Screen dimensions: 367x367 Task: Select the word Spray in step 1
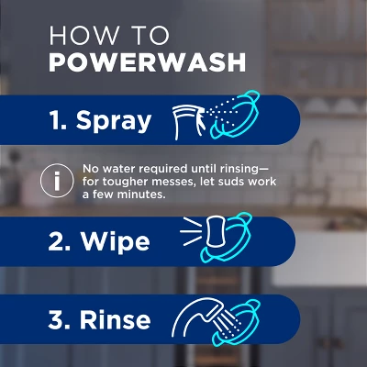114,120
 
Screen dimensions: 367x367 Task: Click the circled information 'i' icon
58,182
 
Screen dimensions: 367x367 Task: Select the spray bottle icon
187,120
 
